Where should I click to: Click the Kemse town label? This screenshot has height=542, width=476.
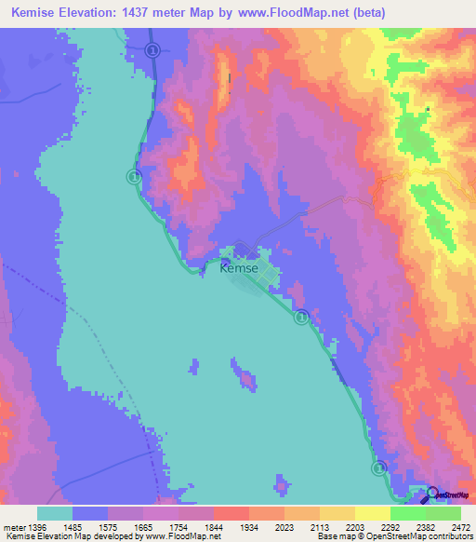(239, 269)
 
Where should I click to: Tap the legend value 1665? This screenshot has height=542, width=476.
(142, 526)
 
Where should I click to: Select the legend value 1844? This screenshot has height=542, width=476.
(195, 526)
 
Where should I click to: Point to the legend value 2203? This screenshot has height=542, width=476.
(354, 526)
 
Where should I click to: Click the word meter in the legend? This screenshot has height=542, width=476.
(14, 526)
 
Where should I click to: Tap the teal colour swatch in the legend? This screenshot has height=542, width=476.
(55, 513)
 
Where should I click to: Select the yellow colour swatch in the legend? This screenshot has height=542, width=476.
(372, 513)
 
